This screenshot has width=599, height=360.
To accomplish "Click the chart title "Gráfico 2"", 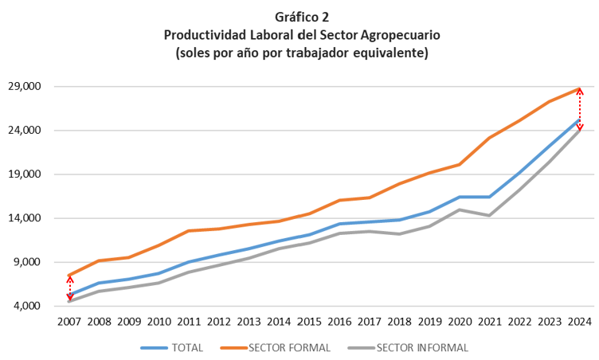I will point(301,17).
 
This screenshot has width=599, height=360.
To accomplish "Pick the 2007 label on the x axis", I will point(69,322).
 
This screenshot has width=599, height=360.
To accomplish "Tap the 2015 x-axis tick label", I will point(309,322).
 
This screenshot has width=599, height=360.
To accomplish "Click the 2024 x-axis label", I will point(579,322).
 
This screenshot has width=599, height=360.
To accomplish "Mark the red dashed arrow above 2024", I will point(580,109).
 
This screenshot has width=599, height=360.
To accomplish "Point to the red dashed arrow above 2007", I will point(69,288).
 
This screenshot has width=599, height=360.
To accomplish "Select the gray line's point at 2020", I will point(459,209).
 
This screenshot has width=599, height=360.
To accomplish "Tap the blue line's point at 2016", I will point(339,224).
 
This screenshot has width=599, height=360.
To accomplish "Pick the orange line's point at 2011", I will point(190,231).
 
